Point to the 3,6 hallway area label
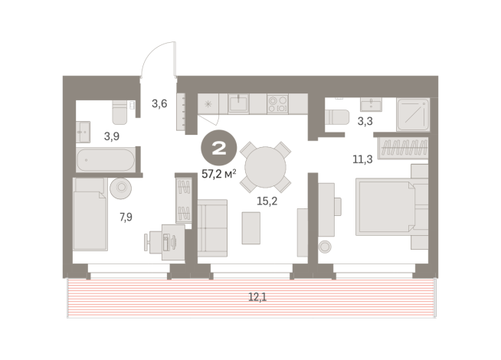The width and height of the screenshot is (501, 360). click(159, 103)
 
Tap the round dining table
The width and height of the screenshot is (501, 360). click(263, 165)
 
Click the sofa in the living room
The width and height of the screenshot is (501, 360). click(212, 222)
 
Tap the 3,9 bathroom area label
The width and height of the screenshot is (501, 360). click(111, 136)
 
